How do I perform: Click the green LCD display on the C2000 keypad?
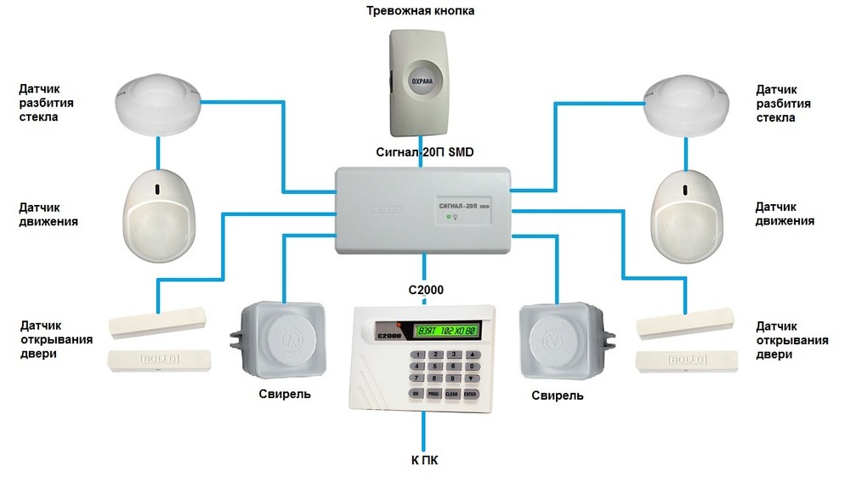[447, 330]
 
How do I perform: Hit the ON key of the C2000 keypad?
[416, 394]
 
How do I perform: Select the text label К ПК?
[423, 460]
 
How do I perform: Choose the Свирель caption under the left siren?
[285, 395]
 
